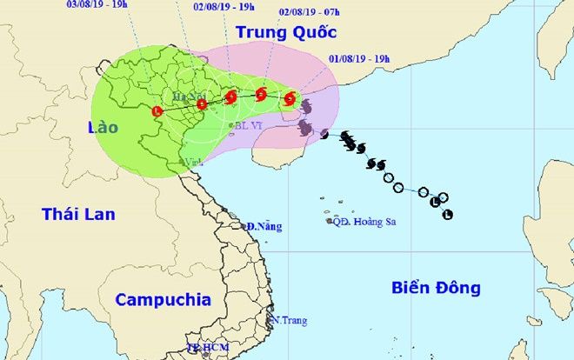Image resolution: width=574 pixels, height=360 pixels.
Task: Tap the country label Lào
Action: point(103,128)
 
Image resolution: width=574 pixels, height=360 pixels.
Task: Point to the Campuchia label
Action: point(164,300)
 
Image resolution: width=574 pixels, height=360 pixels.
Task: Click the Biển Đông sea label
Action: point(436,288)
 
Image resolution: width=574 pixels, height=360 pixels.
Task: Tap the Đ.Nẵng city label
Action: point(264,226)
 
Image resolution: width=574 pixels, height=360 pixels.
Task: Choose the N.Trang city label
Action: point(290,321)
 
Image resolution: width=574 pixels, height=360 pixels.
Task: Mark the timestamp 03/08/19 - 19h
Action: point(97,3)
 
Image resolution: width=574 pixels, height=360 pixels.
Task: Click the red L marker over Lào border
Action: point(157,111)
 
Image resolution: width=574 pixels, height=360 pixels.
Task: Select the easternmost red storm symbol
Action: point(290,99)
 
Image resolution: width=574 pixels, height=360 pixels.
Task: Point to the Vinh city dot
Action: point(183,162)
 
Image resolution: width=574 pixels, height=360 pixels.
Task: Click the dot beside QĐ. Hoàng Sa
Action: point(330,222)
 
